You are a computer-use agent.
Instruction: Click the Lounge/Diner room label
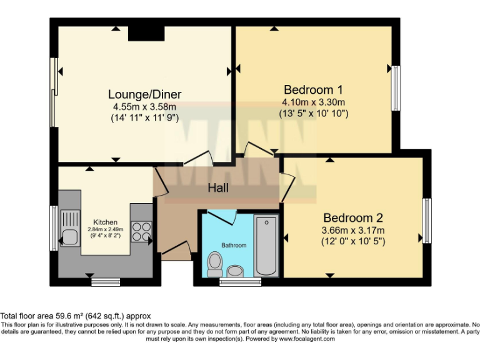[144, 94]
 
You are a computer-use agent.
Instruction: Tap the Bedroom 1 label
[313, 89]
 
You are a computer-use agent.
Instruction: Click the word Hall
[218, 187]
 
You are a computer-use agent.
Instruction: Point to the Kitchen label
[105, 222]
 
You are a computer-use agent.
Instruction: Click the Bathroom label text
[234, 246]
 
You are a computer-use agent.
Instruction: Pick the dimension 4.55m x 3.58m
[144, 106]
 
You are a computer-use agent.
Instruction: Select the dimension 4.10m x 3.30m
[313, 102]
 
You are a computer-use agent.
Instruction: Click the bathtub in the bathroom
[266, 245]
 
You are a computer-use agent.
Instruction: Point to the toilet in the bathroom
[214, 263]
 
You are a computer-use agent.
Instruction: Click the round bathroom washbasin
[236, 271]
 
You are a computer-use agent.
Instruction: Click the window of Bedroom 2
[427, 220]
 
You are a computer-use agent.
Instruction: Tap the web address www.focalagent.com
[307, 339]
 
